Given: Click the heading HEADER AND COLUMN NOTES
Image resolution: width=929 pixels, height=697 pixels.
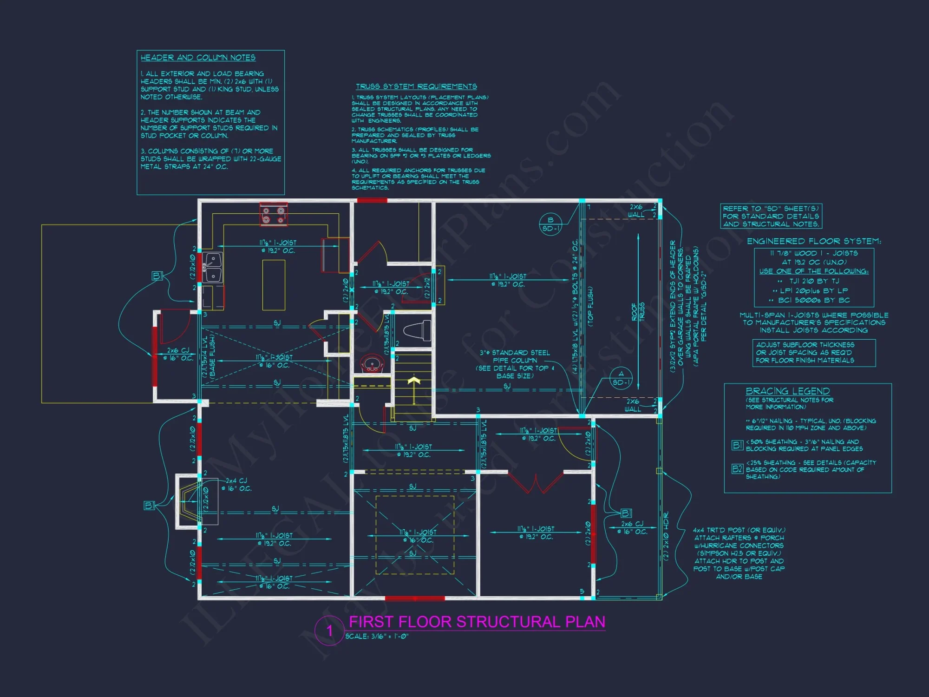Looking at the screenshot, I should coord(198,58).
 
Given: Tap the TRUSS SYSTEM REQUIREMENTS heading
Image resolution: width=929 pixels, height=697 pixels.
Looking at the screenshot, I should coord(416,86).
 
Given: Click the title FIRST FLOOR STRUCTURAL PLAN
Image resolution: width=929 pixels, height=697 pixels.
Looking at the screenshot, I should coord(477,622).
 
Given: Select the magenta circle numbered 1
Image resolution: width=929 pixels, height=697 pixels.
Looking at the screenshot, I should coord(329,631).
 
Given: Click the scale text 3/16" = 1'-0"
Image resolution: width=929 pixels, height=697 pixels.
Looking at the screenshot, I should coord(377,636).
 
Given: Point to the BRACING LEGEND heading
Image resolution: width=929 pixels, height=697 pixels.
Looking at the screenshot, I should coord(787,391).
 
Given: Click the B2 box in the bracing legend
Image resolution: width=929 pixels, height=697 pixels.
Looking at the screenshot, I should coord(737,468).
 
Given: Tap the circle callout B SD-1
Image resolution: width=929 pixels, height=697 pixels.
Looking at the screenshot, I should coord(550,224).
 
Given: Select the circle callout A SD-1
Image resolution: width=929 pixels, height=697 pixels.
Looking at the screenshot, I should coord(621,378).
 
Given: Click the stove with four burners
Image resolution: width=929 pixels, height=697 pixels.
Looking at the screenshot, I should coord(273,215).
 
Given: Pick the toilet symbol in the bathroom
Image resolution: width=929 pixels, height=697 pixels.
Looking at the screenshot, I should coord(418,331).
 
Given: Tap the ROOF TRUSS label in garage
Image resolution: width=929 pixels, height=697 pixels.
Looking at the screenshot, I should coord(638,312).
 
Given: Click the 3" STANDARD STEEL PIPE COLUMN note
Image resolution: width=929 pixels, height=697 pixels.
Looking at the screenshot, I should coord(514,364).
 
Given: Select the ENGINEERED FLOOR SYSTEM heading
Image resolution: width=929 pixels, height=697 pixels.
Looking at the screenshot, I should coord(813,241).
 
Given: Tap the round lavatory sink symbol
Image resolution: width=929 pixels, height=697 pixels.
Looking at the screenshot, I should coord(372,363).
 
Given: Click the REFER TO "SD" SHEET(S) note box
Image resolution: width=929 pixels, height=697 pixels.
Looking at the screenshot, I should coord(771,216).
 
